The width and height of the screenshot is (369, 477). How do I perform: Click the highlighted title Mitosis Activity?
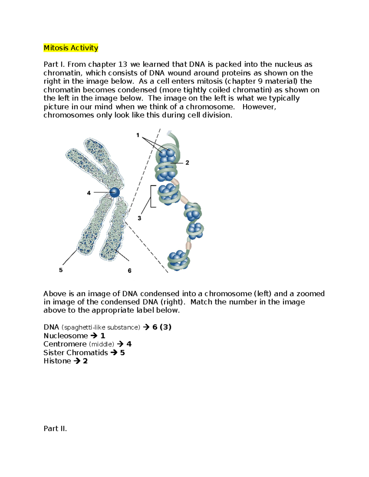point(71,48)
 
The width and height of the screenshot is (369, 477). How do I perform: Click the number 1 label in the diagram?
point(138,135)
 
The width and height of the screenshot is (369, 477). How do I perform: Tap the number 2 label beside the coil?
point(187,163)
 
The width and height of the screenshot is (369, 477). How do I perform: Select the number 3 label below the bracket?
point(139,218)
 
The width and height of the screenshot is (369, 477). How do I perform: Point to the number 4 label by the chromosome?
point(89,193)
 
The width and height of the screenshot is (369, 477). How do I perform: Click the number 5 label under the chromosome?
point(61,270)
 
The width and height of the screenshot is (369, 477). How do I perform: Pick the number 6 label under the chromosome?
point(129,271)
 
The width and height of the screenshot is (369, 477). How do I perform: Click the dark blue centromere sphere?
point(114,193)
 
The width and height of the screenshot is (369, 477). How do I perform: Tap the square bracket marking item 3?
point(152,197)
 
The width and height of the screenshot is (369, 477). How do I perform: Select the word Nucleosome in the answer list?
point(65,336)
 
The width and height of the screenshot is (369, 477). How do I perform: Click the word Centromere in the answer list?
point(65,344)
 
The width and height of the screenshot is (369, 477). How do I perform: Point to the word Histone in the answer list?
point(57,361)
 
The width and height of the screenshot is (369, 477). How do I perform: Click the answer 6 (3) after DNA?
point(162,327)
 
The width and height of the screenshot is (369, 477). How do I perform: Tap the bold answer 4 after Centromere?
point(129,344)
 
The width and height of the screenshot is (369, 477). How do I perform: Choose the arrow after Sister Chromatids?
point(114,353)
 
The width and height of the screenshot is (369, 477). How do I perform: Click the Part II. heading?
point(55,428)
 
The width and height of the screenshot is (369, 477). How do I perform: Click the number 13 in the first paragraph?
point(122,65)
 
